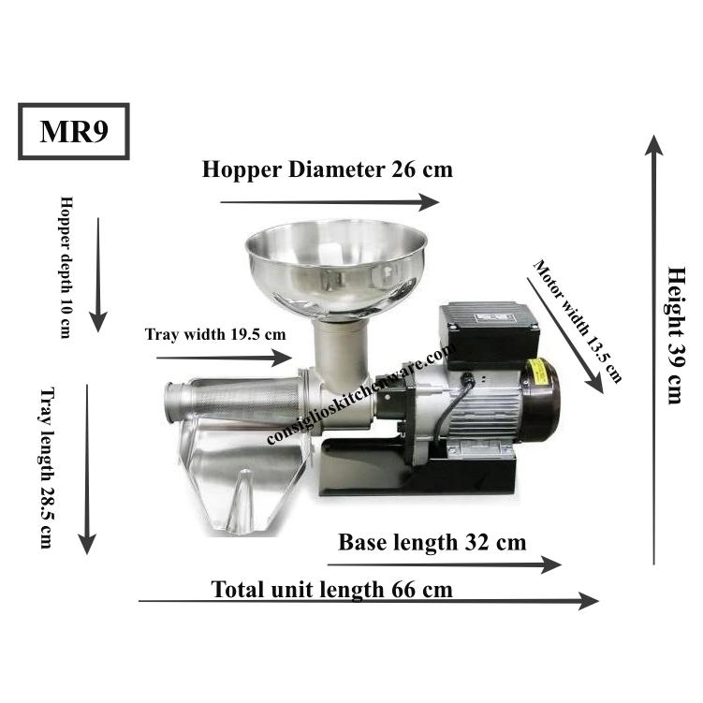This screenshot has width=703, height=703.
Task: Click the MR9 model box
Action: point(73,132)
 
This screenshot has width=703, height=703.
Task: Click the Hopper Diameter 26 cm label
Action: point(328,169)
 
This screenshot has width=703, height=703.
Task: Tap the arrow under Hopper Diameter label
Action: point(329,202)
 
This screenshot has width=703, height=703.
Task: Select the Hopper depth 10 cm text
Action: point(66,267)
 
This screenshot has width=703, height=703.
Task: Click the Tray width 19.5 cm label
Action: point(215,333)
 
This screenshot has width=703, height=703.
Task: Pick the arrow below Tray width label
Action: point(224,358)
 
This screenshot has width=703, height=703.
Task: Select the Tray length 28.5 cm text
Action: point(45,467)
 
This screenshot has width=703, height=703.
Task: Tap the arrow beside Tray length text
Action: point(87,468)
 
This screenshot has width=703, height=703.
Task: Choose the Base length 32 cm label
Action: point(432,542)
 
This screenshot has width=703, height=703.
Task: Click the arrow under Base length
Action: point(444,564)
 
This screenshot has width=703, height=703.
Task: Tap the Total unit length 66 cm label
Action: point(331,589)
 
